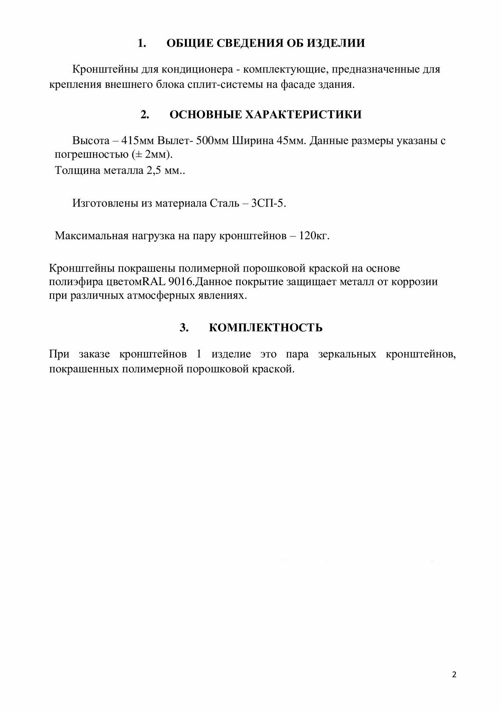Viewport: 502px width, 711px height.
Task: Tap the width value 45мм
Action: click(290, 141)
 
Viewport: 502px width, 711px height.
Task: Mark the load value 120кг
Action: click(314, 236)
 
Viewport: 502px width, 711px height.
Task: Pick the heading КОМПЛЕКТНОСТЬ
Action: click(266, 327)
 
